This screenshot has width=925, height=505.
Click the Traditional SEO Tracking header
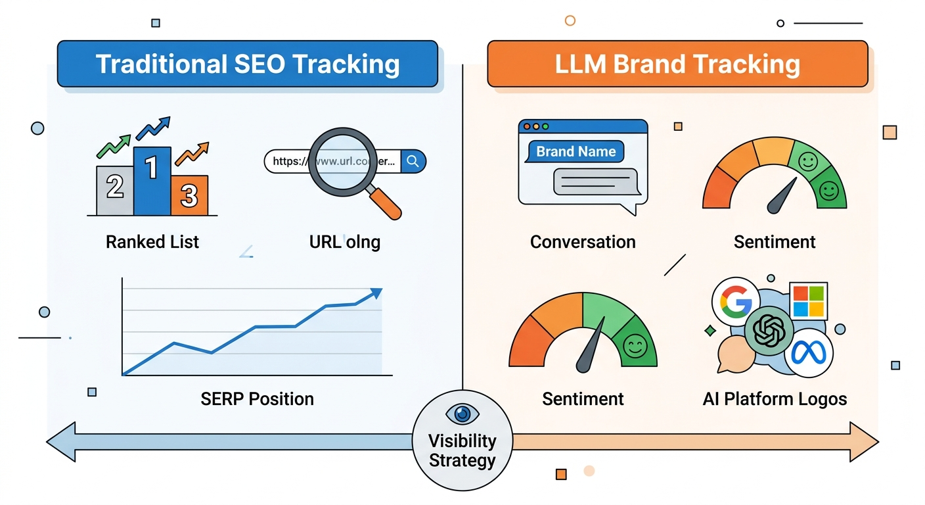[247, 64]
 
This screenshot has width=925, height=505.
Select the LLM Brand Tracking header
[677, 64]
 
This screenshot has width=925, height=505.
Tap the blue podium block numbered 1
[152, 181]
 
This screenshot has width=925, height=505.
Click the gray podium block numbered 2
[115, 191]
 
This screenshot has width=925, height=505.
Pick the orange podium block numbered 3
[189, 195]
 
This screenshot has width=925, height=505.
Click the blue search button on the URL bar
[413, 161]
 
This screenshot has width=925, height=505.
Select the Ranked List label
[152, 242]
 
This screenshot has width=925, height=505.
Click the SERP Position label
[257, 398]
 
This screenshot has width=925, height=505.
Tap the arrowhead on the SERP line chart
[376, 293]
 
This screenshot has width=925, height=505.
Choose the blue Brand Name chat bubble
[575, 152]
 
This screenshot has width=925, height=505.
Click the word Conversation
[583, 242]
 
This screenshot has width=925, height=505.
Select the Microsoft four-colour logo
[808, 301]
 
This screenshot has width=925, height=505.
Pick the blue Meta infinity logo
[808, 354]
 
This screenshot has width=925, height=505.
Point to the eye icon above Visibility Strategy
[462, 414]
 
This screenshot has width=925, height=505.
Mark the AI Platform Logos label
[775, 398]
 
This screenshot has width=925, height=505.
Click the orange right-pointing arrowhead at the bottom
[866, 442]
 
